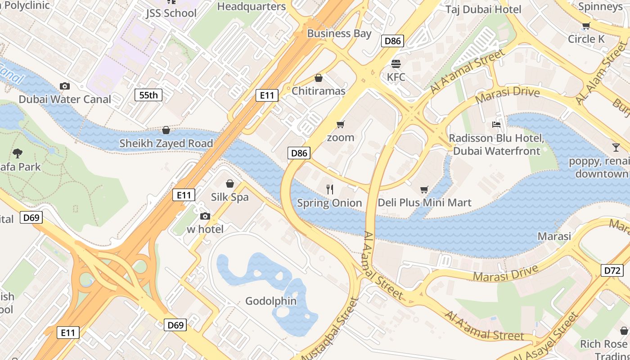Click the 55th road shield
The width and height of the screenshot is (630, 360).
[x=148, y=95]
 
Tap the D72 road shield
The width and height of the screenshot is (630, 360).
[x=612, y=270]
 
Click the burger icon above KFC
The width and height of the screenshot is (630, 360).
[x=396, y=64]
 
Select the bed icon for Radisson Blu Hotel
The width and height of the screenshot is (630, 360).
[x=496, y=125]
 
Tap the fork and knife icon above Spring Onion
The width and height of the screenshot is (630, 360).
[x=330, y=189]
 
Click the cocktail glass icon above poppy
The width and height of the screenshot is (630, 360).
[x=616, y=147]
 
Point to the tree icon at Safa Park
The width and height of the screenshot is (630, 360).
[x=18, y=153]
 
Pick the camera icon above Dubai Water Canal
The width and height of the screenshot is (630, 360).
[x=65, y=86]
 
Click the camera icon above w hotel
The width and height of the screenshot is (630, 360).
[x=205, y=216]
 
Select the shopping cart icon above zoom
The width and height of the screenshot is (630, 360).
[x=341, y=125]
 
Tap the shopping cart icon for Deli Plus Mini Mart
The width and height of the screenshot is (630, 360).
[x=424, y=189]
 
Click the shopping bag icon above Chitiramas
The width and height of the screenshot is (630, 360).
[x=319, y=78]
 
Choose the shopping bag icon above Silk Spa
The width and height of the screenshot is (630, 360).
[x=230, y=184]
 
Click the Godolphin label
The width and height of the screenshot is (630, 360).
[x=271, y=301]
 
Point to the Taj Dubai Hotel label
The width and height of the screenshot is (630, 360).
[x=483, y=9]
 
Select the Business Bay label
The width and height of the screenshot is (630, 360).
[x=339, y=33]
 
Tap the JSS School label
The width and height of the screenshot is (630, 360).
[x=171, y=13]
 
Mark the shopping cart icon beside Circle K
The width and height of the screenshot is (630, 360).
[x=586, y=26]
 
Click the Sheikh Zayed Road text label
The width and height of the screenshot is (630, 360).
[x=166, y=144]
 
